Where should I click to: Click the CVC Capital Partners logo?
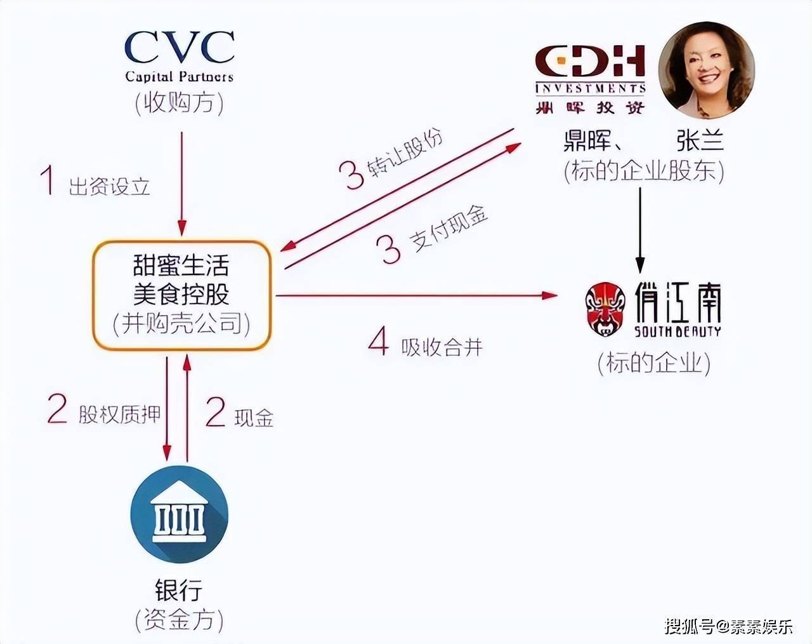pyautogui.click(x=180, y=57)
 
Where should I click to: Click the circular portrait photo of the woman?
pyautogui.click(x=706, y=70)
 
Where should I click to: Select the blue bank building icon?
pyautogui.click(x=180, y=515)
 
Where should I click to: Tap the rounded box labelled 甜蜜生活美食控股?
pyautogui.click(x=182, y=295)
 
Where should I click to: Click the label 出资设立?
pyautogui.click(x=109, y=187)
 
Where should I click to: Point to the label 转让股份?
pyautogui.click(x=405, y=153)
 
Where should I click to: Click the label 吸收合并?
pyautogui.click(x=442, y=347)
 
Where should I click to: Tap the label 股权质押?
pyautogui.click(x=119, y=414)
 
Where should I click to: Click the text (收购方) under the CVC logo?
pyautogui.click(x=180, y=103)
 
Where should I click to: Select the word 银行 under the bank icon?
pyautogui.click(x=179, y=591)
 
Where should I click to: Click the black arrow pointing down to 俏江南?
pyautogui.click(x=640, y=230)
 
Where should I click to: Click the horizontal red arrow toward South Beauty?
pyautogui.click(x=417, y=295)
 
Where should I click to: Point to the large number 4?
pyautogui.click(x=379, y=341)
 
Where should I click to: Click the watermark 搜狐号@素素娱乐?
pyautogui.click(x=728, y=627)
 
